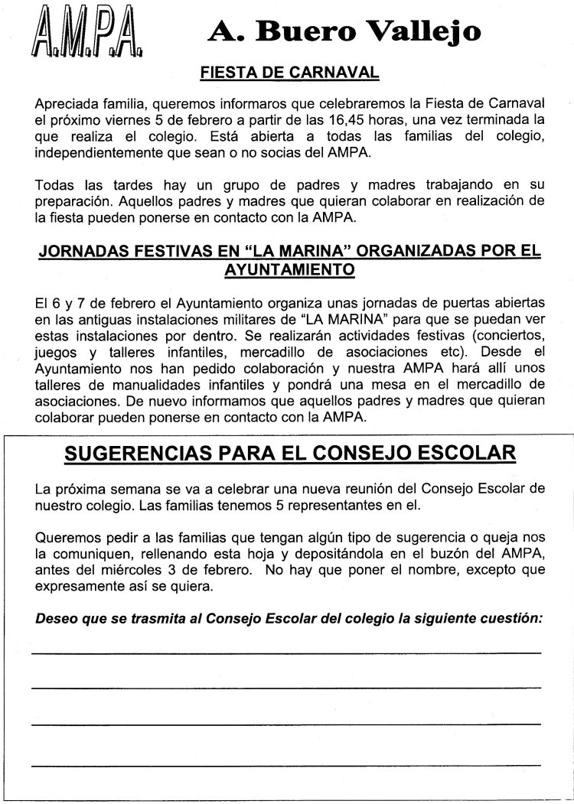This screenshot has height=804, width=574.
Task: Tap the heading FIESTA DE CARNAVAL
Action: tap(289, 73)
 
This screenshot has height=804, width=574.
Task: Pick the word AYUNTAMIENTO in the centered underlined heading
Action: tap(289, 269)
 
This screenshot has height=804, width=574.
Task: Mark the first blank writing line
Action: tap(286, 652)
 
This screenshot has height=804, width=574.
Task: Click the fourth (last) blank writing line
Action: tap(286, 764)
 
